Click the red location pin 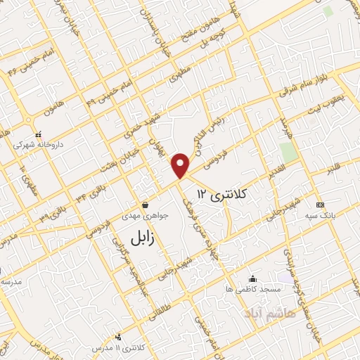pyautogui.click(x=181, y=165)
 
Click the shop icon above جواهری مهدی pyautogui.click(x=145, y=205)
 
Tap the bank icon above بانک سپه pyautogui.click(x=321, y=205)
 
